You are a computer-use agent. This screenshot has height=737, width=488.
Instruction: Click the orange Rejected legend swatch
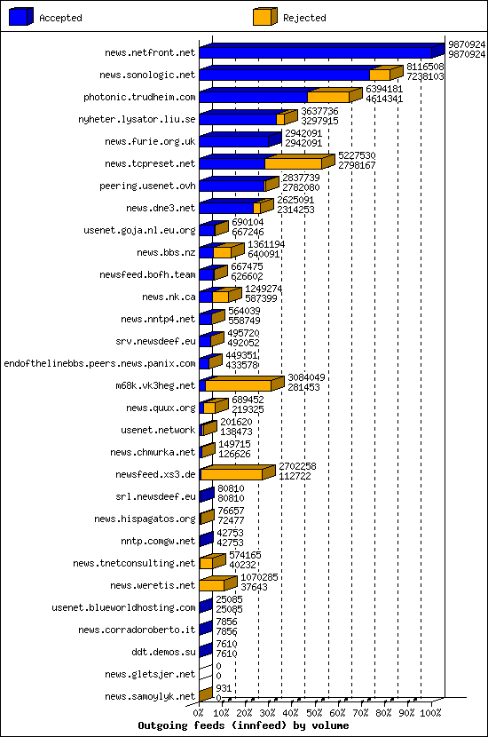pos(264,17)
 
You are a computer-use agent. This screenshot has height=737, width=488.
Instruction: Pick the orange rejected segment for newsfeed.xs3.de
pos(232,474)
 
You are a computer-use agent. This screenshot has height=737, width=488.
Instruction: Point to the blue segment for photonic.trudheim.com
pos(253,97)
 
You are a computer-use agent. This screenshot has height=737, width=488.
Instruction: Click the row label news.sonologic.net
pos(147,75)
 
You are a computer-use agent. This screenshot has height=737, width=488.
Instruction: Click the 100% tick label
pos(431,712)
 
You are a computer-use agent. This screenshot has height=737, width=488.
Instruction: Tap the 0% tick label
pos(199,712)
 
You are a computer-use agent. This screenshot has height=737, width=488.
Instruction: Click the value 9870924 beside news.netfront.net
pos(466,44)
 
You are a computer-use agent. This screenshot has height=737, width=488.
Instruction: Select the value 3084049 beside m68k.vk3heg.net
pos(306,377)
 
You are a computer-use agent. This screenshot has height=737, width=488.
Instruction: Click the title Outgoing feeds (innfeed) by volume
pos(243,725)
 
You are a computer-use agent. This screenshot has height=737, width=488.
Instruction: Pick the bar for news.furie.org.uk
pos(234,141)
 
